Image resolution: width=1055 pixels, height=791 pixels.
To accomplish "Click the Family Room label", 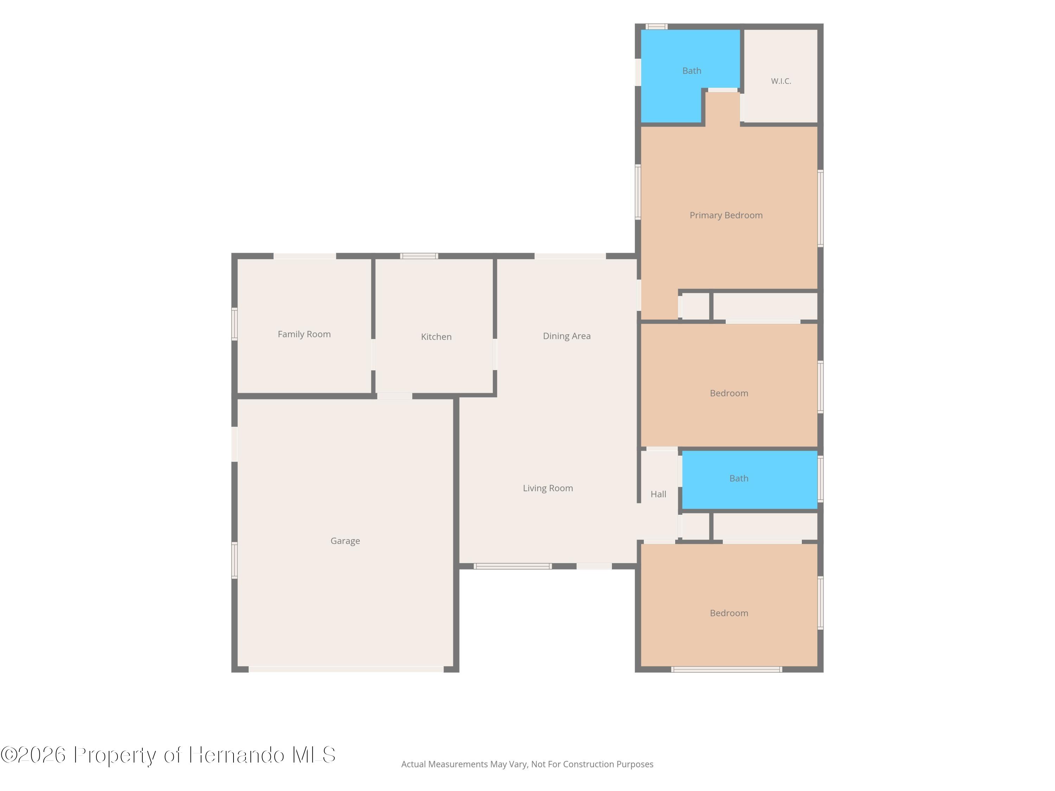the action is coord(304,334).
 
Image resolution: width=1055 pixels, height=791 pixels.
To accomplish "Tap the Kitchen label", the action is coord(436,337).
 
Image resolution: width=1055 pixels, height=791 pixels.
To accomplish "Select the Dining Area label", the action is coord(567,336).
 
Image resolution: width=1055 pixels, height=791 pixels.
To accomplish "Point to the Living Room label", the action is coord(548,488).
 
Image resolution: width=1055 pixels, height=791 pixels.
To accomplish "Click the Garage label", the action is coord(345,541).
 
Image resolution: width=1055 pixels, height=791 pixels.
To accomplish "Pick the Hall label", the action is coord(658,494).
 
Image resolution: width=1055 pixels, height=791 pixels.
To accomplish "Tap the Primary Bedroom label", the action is coord(726,216).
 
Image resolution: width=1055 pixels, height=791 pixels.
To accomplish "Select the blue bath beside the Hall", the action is coord(750,480).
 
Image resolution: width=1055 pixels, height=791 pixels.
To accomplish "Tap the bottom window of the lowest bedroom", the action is coord(727,669).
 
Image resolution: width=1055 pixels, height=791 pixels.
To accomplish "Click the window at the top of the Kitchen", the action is coord(419,256).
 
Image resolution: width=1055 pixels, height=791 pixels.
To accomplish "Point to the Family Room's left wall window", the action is coord(234,324).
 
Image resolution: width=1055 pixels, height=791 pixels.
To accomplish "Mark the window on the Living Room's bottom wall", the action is coord(513,566).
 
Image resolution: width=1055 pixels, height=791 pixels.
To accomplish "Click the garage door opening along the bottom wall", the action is coord(346,669).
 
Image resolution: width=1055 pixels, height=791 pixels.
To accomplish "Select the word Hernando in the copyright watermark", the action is coord(237,755).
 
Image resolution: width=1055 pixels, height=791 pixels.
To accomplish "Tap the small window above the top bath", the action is coord(657,27).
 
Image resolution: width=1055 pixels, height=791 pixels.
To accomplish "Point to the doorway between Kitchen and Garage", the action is coord(395,396).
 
